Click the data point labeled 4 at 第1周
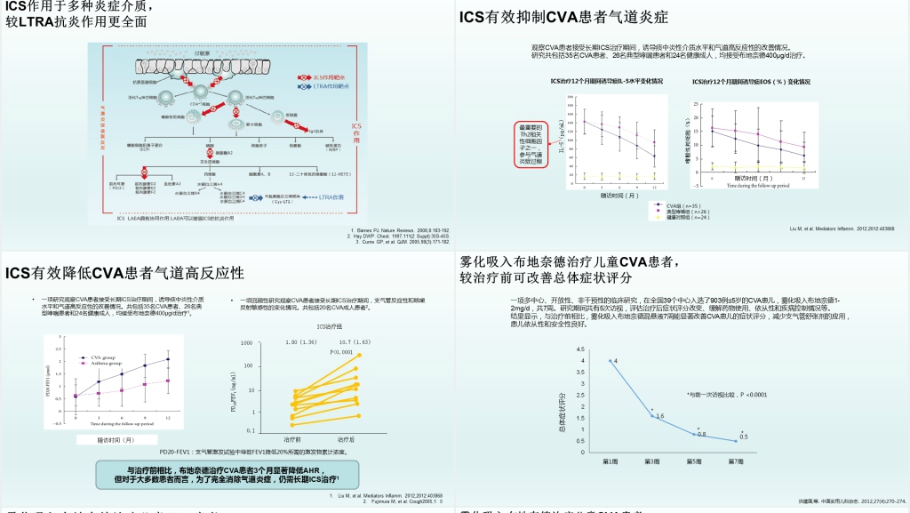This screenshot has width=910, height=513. (x=609, y=360)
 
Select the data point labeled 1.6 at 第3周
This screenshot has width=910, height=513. (x=651, y=414)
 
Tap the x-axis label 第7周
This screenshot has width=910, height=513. (x=736, y=461)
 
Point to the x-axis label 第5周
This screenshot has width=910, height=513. (x=693, y=461)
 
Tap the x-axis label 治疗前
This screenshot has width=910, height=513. (x=292, y=439)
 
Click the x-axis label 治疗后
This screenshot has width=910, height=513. (x=346, y=439)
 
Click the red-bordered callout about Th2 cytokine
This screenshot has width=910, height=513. (x=536, y=144)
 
